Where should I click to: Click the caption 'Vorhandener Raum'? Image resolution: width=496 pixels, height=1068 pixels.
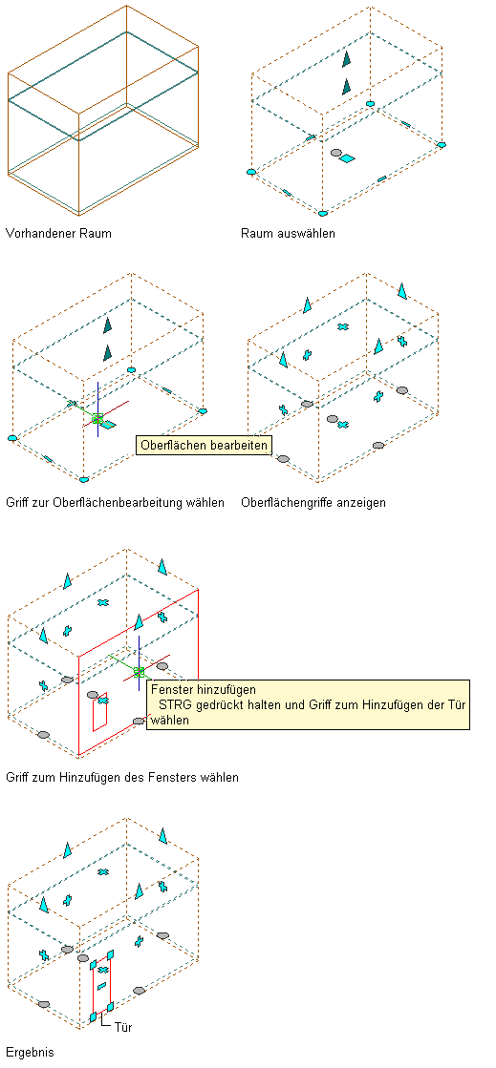pyautogui.click(x=58, y=234)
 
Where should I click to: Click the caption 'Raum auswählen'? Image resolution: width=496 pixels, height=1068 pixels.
pyautogui.click(x=288, y=234)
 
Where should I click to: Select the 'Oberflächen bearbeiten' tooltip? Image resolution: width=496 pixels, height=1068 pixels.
pyautogui.click(x=204, y=446)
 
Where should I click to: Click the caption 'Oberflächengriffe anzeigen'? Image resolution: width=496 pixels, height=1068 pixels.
pyautogui.click(x=313, y=503)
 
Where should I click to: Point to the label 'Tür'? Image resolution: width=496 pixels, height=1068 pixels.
pyautogui.click(x=123, y=1026)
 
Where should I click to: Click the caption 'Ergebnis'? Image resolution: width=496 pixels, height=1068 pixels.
pyautogui.click(x=30, y=1052)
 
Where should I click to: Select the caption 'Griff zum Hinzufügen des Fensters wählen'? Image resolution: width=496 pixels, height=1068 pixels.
pyautogui.click(x=122, y=777)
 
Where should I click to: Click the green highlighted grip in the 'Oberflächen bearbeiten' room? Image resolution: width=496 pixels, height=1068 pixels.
pyautogui.click(x=97, y=418)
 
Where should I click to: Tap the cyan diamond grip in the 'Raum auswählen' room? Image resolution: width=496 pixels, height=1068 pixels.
pyautogui.click(x=347, y=158)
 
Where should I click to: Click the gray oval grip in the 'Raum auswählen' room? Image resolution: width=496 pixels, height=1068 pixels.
pyautogui.click(x=335, y=153)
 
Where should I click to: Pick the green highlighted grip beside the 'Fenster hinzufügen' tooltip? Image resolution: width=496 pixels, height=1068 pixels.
pyautogui.click(x=140, y=672)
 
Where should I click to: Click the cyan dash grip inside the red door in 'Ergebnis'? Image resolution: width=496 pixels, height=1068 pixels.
pyautogui.click(x=101, y=986)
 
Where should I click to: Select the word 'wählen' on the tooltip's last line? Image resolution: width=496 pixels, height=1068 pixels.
pyautogui.click(x=170, y=720)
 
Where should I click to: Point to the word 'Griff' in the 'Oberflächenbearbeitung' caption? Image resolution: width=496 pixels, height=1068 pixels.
pyautogui.click(x=16, y=503)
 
